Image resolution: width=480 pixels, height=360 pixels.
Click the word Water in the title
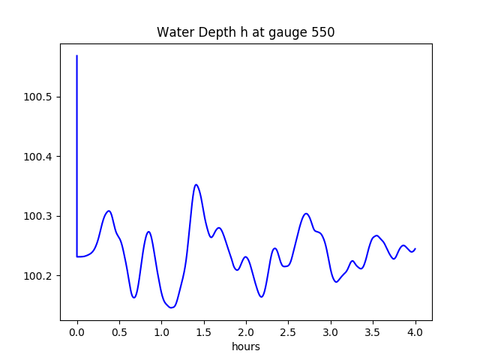[x=173, y=33]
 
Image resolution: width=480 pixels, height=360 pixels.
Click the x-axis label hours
[x=246, y=347]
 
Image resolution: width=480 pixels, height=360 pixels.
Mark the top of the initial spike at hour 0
[x=77, y=55]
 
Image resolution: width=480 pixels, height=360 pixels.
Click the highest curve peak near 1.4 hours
[x=196, y=184]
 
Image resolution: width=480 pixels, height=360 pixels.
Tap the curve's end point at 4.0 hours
[x=415, y=248]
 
